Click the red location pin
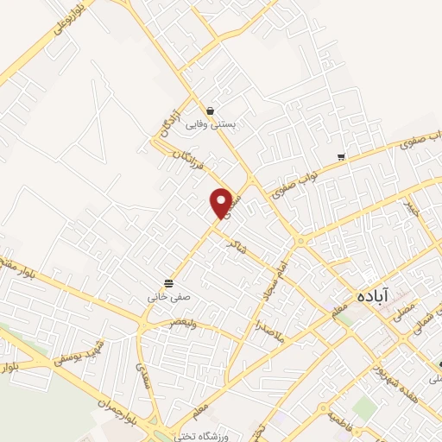pyautogui.click(x=222, y=201)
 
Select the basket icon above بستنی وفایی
pyautogui.click(x=211, y=110)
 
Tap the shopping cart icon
pyautogui.click(x=342, y=157)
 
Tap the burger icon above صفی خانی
pyautogui.click(x=168, y=282)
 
